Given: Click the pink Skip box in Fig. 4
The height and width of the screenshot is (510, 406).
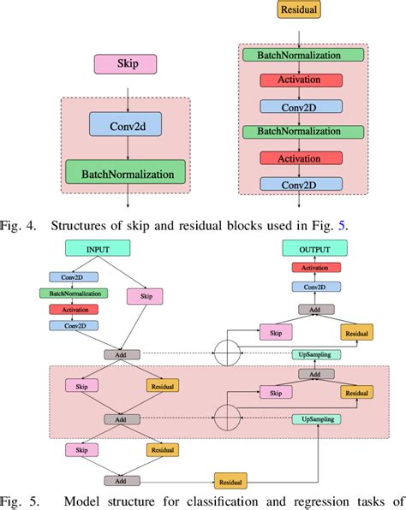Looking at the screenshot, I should click(126, 64).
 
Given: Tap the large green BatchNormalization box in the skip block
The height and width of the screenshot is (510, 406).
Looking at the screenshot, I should click(126, 173).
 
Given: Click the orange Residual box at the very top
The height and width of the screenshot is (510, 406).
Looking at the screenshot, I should click(298, 11).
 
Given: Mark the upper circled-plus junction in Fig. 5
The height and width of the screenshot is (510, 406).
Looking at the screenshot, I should click(227, 353).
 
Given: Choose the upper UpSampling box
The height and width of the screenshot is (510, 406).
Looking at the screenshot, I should click(318, 353).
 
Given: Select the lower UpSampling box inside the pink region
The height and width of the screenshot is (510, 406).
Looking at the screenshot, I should click(318, 419).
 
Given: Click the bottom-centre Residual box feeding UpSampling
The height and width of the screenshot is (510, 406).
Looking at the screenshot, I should click(231, 482).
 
